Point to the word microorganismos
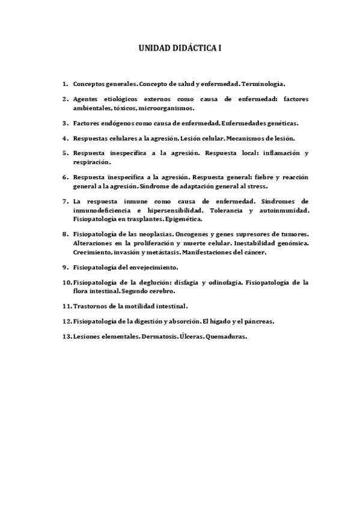tap(166, 108)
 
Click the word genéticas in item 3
tap(278, 123)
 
